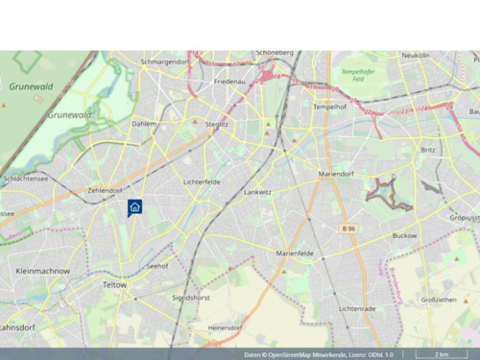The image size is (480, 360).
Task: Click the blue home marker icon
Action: (134, 206)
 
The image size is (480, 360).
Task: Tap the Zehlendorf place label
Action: (105, 190)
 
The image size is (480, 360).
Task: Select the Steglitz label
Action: (217, 124)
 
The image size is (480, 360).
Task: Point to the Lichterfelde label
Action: (202, 180)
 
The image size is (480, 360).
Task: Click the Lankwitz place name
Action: (258, 191)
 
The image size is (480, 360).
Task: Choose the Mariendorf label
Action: (336, 174)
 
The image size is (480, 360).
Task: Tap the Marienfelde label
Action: (295, 252)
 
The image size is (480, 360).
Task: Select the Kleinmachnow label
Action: (43, 272)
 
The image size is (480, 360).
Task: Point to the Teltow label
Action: (115, 285)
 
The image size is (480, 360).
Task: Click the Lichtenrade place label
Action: (357, 308)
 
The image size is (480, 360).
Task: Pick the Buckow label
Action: (405, 234)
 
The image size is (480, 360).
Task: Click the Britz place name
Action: (427, 150)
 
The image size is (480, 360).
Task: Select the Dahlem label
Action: (144, 124)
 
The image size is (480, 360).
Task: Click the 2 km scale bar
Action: (440, 354)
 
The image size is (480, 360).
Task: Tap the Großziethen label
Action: (440, 300)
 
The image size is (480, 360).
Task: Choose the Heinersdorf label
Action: (224, 327)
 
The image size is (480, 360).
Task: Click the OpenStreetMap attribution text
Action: (319, 354)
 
